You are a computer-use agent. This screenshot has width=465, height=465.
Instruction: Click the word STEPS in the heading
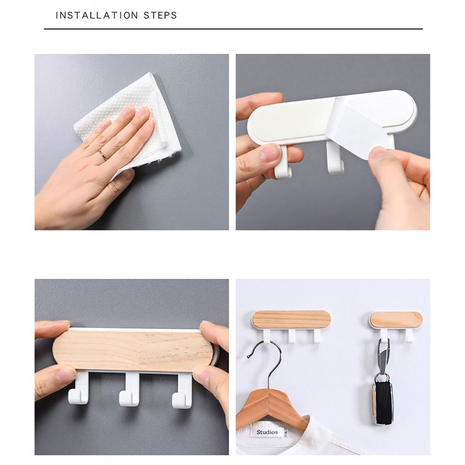click(x=161, y=15)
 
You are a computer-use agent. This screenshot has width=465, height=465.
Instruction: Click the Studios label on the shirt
click(x=267, y=432)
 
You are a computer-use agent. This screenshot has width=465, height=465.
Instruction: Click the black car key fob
click(x=382, y=402)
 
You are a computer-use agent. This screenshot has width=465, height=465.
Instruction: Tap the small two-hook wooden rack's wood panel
click(x=397, y=319)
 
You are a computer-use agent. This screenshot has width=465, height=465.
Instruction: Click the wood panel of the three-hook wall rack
click(x=292, y=319)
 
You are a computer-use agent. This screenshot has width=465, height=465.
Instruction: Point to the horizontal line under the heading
click(x=232, y=29)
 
